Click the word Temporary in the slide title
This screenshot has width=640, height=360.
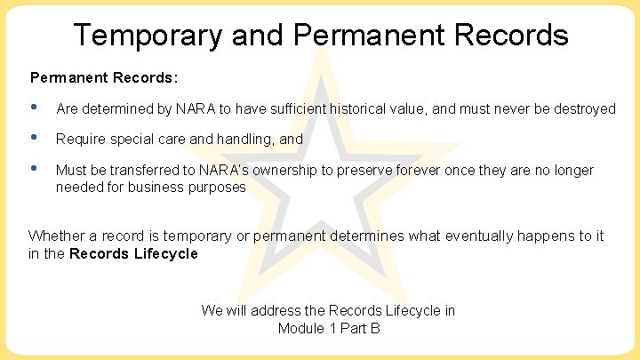pyautogui.click(x=148, y=36)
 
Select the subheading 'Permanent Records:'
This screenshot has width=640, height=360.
pyautogui.click(x=104, y=77)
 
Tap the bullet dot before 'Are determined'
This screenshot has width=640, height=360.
pyautogui.click(x=35, y=107)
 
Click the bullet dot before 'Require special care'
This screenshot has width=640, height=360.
pyautogui.click(x=35, y=137)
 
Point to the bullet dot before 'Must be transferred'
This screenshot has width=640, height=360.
pyautogui.click(x=35, y=168)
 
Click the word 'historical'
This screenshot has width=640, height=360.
pyautogui.click(x=356, y=109)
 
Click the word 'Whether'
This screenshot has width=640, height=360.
pyautogui.click(x=55, y=236)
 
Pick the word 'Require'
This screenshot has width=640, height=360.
pyautogui.click(x=79, y=140)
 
